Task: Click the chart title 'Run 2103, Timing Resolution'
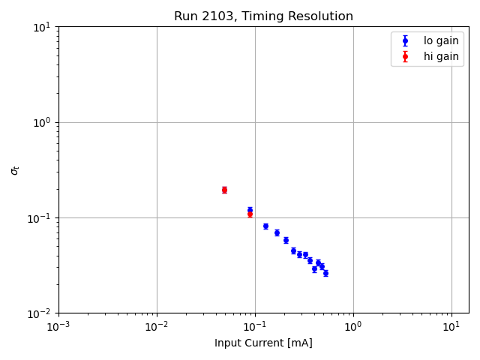click(263, 16)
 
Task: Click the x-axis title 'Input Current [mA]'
click(263, 343)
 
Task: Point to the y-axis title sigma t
click(15, 170)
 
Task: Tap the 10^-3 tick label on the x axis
click(58, 327)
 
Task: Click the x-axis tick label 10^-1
click(255, 327)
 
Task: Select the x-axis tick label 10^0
click(353, 327)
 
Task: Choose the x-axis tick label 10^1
click(451, 327)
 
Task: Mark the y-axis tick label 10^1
click(40, 27)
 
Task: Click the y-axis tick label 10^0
click(40, 122)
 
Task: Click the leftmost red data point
click(224, 190)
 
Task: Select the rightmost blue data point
click(325, 273)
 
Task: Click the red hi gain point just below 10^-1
click(250, 214)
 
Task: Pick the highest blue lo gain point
click(250, 210)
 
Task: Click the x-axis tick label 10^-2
click(157, 327)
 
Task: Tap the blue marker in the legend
click(405, 41)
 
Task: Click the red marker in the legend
click(405, 56)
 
